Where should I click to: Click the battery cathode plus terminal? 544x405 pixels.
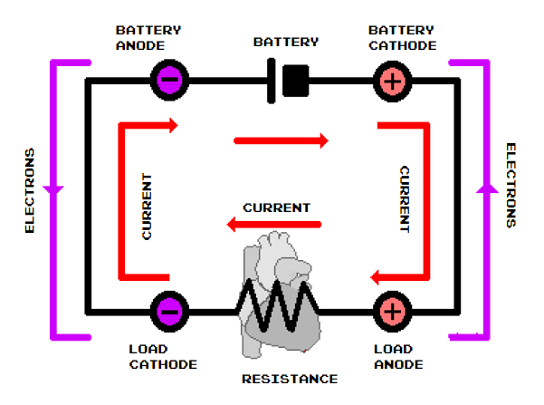[392, 80]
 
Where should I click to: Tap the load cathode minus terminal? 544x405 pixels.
[170, 311]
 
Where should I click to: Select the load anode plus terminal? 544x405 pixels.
[392, 311]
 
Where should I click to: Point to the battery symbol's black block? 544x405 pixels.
[295, 80]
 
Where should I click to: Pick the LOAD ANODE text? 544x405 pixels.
[392, 357]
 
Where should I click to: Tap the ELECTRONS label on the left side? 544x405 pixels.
[30, 190]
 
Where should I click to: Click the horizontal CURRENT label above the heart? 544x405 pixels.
[277, 207]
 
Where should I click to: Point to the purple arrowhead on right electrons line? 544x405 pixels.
[487, 188]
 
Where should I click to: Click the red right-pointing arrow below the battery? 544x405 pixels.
[281, 140]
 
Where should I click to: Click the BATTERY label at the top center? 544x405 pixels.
[286, 42]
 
